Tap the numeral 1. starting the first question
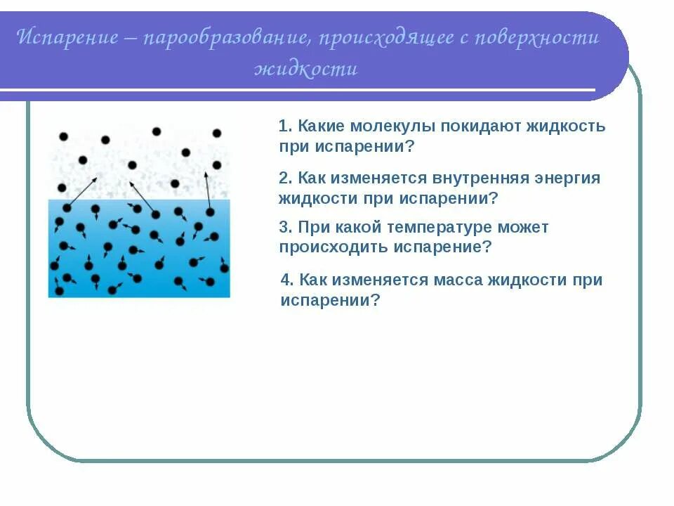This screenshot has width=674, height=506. point(285,127)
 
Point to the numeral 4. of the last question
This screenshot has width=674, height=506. point(286,280)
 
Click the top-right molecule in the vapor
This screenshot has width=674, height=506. point(217,133)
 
